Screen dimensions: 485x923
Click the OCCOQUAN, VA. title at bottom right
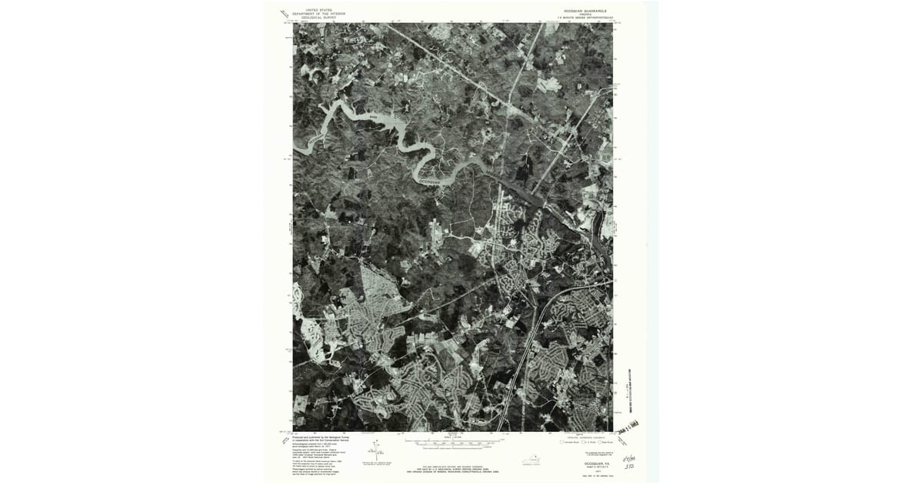tap(590, 464)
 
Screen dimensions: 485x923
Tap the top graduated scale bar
tap(454, 441)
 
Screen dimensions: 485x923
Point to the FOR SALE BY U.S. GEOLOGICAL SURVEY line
tap(454, 469)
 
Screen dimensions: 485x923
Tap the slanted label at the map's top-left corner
tap(284, 14)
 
